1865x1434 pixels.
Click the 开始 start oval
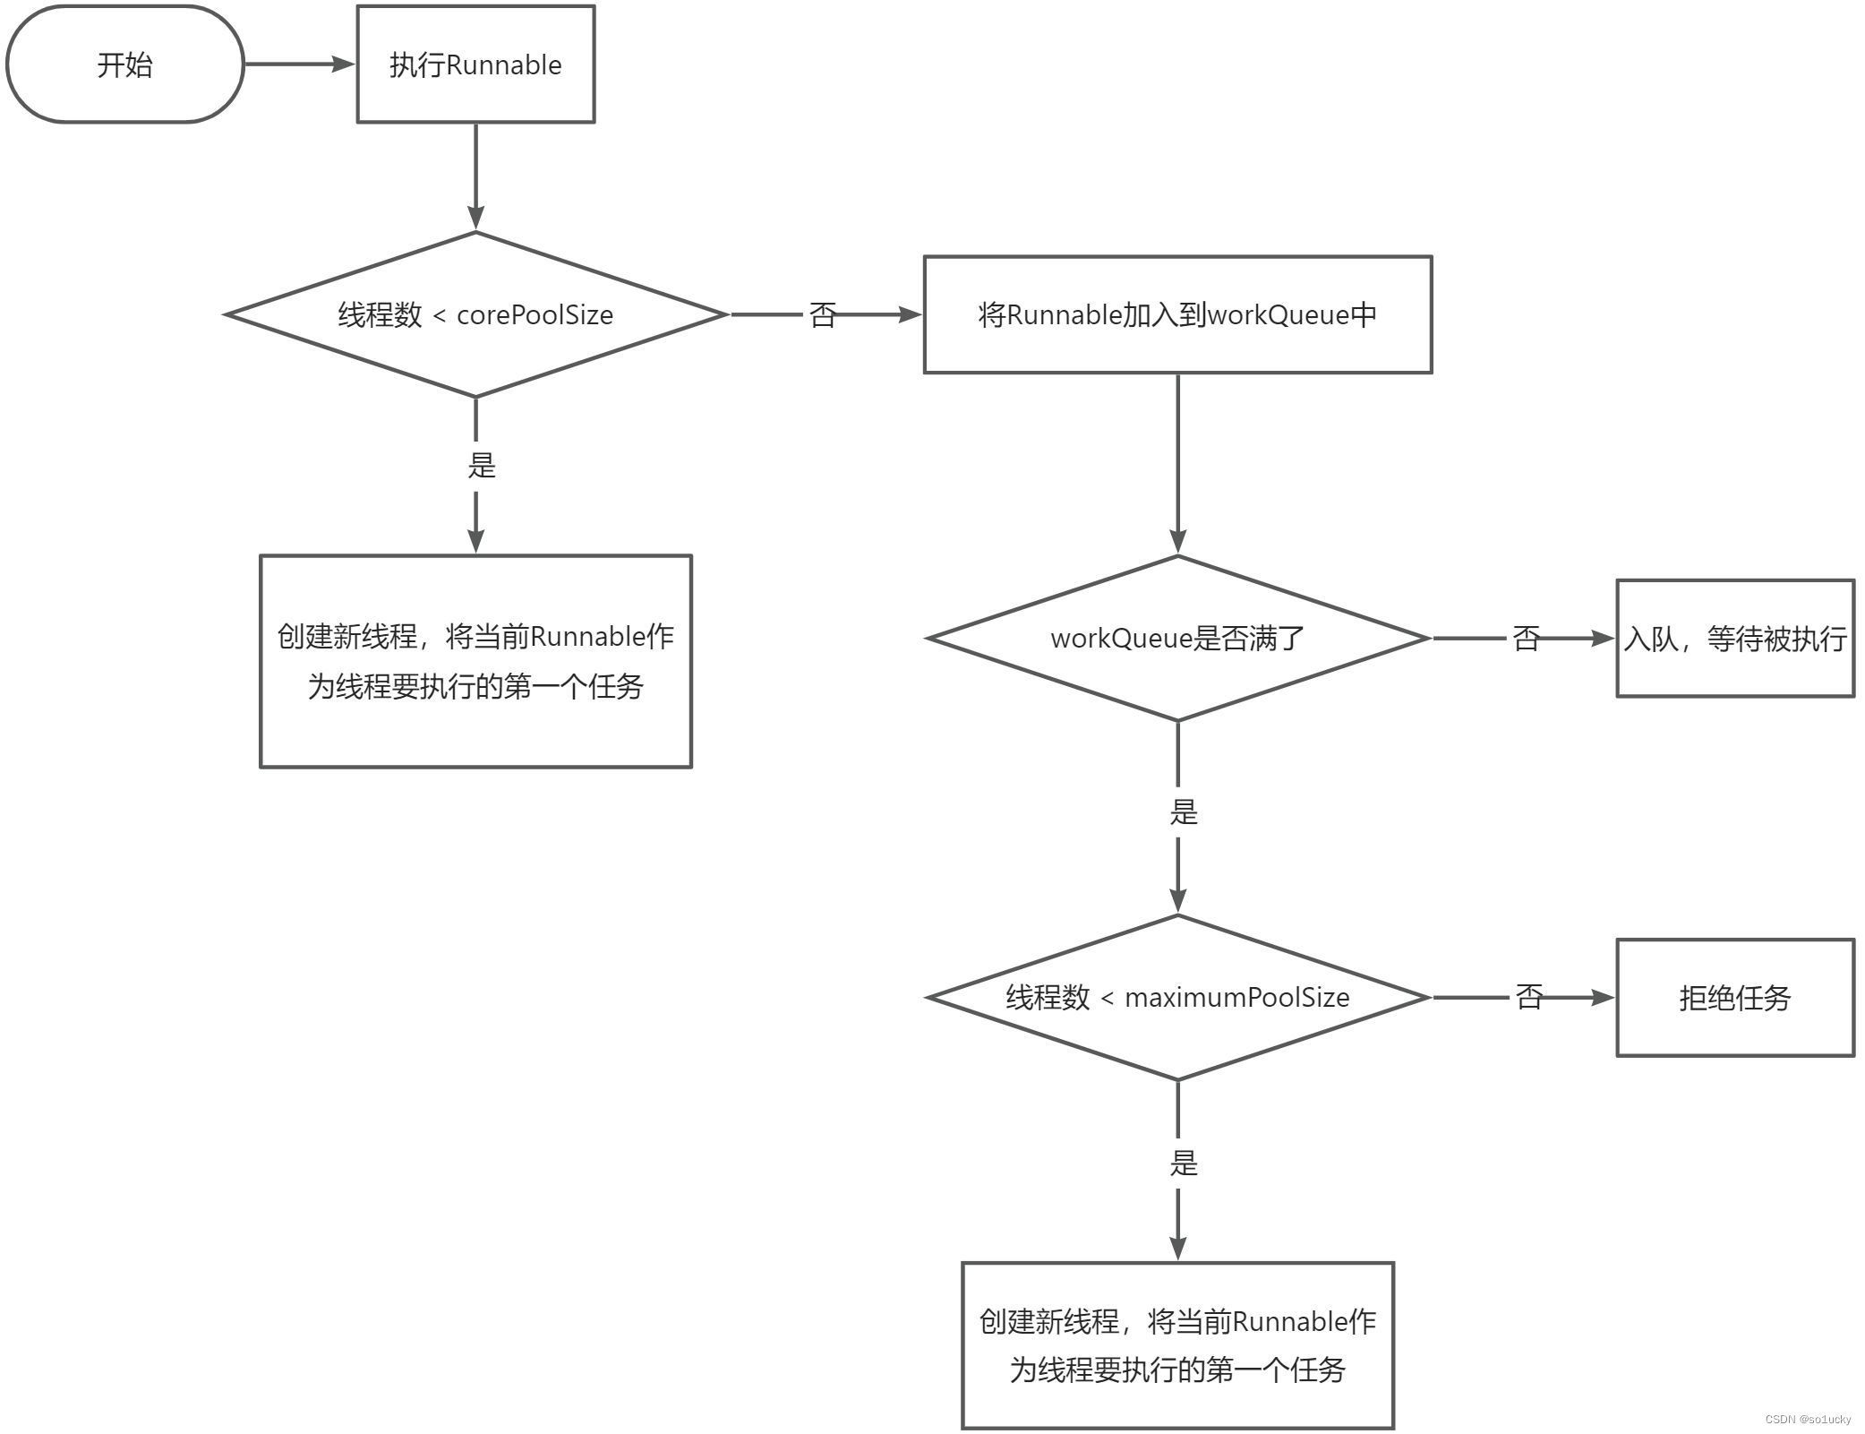click(x=124, y=64)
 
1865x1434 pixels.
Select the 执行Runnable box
click(x=475, y=64)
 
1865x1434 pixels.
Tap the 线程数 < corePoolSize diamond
click(x=475, y=314)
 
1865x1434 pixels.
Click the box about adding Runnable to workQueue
click(x=1177, y=314)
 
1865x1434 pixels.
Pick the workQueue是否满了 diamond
click(x=1177, y=638)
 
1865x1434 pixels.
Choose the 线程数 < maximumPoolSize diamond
click(x=1177, y=997)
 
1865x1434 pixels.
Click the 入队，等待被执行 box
click(x=1734, y=638)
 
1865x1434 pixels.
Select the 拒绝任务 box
click(x=1734, y=997)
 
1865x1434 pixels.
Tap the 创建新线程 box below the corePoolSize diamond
click(x=475, y=661)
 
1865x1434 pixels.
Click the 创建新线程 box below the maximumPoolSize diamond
click(x=1177, y=1345)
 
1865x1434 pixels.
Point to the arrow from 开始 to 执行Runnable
click(x=300, y=64)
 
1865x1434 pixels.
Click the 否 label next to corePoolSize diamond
click(x=823, y=314)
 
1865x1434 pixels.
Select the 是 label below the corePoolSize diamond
click(x=482, y=465)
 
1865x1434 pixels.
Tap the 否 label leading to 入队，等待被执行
click(x=1527, y=638)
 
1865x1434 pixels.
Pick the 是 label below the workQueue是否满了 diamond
click(x=1184, y=812)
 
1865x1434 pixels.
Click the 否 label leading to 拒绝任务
click(x=1529, y=997)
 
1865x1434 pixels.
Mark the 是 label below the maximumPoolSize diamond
click(x=1184, y=1164)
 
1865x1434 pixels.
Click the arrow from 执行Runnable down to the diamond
click(x=475, y=176)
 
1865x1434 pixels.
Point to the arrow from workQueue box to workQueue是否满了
click(x=1177, y=462)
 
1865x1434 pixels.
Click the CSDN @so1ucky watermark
click(x=1808, y=1420)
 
